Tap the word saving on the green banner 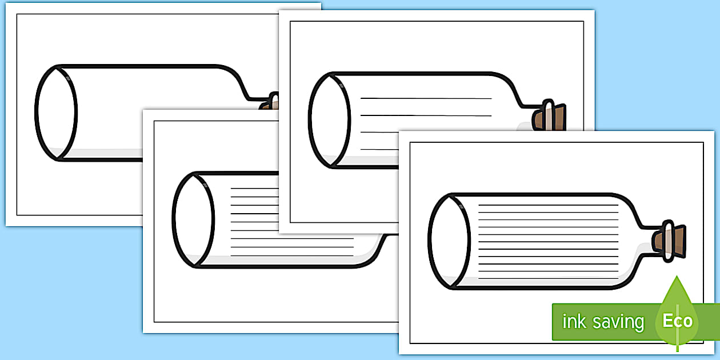(x=619, y=322)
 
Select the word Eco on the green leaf (x=677, y=321)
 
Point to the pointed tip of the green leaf (x=677, y=276)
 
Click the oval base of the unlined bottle (x=56, y=113)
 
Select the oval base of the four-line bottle (x=330, y=121)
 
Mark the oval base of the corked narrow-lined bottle (x=449, y=241)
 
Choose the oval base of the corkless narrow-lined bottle (x=194, y=219)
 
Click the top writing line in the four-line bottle (x=426, y=98)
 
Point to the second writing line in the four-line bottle (x=426, y=115)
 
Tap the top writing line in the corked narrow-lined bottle (x=549, y=205)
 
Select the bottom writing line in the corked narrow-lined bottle (x=549, y=278)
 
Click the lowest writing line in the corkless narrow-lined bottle (x=292, y=256)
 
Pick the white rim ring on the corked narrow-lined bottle (x=669, y=241)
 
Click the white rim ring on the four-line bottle (x=549, y=115)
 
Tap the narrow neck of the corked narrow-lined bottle (x=653, y=241)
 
